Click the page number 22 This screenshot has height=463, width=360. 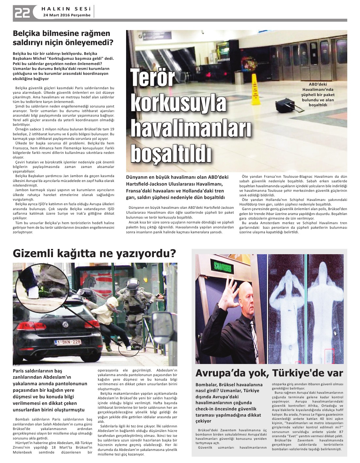click(22, 12)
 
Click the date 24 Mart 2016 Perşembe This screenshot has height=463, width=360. click(67, 15)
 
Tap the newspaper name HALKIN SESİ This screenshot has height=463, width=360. click(67, 8)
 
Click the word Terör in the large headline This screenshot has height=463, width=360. click(153, 78)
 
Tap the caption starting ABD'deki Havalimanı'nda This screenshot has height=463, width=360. click(318, 94)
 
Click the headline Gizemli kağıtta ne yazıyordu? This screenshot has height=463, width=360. click(94, 253)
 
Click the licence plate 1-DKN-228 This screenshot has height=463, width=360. click(68, 342)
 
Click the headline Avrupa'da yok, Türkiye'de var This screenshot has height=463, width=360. click(269, 373)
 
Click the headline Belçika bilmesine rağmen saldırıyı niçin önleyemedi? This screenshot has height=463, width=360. click(61, 38)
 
